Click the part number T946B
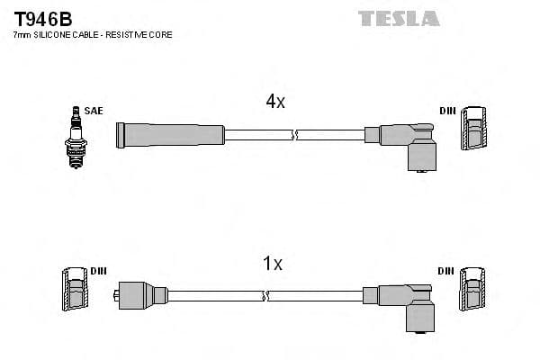[x=42, y=18]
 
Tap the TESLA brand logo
[x=399, y=18]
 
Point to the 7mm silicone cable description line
[x=93, y=35]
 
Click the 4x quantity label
[x=274, y=103]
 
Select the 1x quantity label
[x=272, y=264]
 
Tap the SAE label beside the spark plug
[x=94, y=111]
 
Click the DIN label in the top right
[x=447, y=111]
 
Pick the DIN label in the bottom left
[x=98, y=271]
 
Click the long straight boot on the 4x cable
[x=171, y=135]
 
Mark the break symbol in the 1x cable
[x=264, y=295]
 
